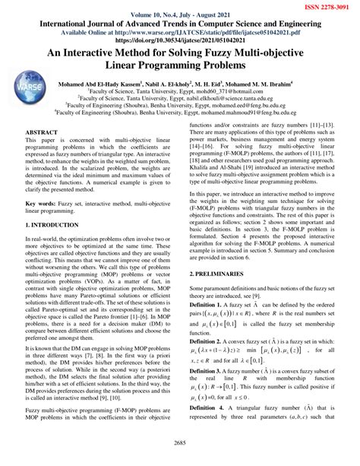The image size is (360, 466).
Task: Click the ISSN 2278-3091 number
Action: click(x=322, y=6)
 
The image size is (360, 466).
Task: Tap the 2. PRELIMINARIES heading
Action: click(x=223, y=271)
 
